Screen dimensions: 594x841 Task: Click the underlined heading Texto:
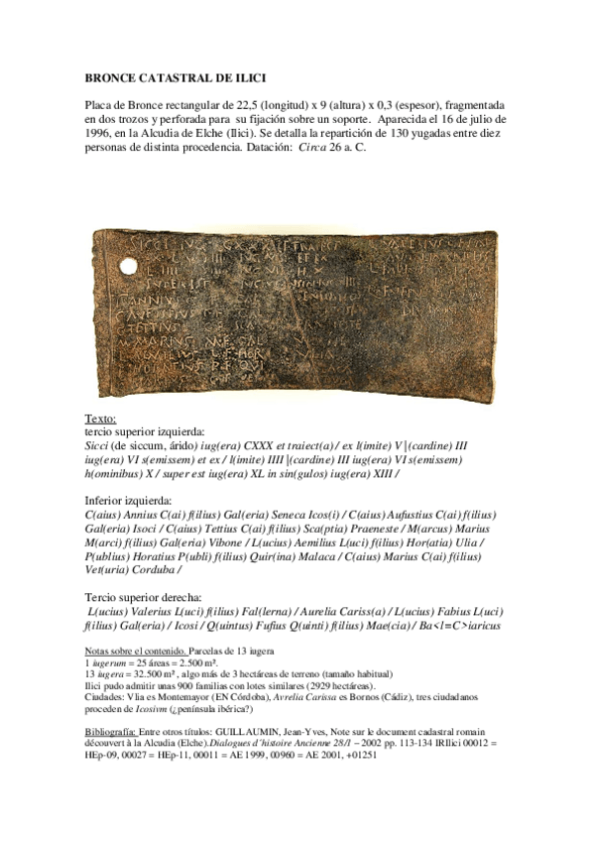[101, 419]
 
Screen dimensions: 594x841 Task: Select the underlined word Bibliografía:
[113, 729]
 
